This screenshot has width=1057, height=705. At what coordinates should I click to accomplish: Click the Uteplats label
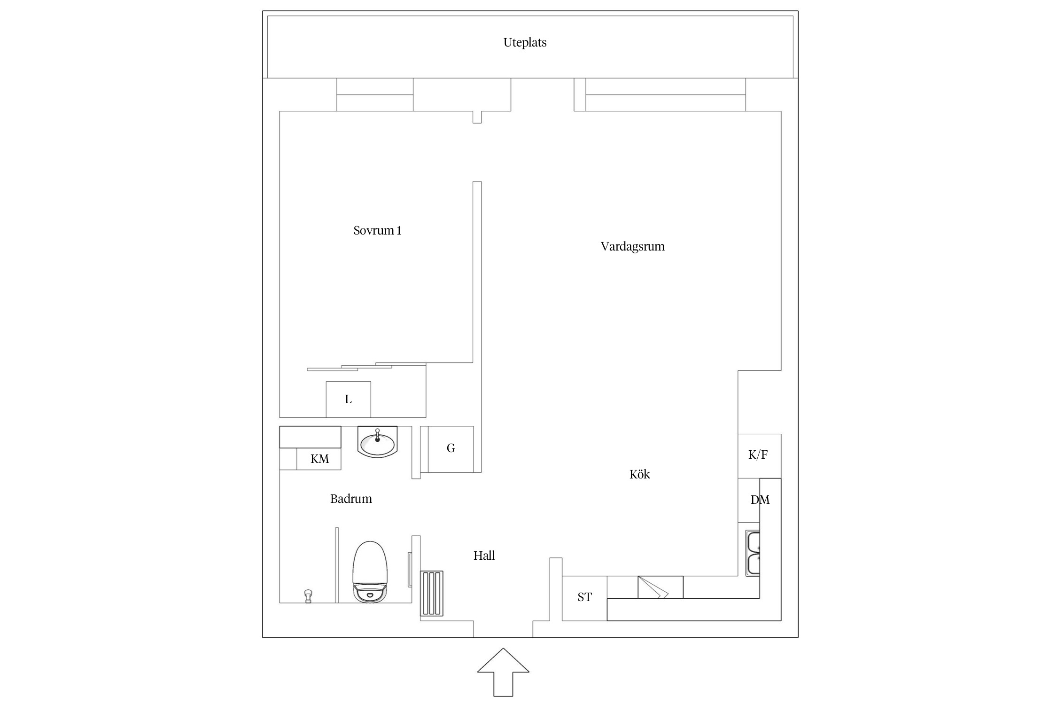[525, 43]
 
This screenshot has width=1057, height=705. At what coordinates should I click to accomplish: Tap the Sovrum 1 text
[377, 231]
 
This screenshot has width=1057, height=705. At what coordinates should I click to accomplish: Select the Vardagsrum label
[632, 247]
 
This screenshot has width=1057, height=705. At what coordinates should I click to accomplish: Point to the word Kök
[639, 474]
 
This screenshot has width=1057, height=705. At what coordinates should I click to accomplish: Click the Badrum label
[351, 499]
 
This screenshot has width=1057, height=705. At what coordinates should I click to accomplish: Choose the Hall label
[484, 556]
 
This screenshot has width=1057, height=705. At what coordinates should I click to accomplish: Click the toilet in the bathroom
[371, 572]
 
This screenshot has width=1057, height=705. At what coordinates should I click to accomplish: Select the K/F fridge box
[758, 455]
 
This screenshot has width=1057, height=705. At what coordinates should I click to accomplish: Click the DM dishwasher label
[760, 500]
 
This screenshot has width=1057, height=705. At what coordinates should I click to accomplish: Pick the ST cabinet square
[584, 597]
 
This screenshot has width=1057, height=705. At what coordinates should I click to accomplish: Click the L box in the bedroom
[348, 399]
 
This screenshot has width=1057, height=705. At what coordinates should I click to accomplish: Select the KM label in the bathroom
[319, 459]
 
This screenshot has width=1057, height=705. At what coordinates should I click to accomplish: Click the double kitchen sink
[753, 553]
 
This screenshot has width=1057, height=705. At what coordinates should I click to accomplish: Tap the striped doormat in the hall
[432, 593]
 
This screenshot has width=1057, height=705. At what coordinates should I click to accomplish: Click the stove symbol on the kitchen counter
[660, 587]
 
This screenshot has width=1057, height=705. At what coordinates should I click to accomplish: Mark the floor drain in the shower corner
[308, 595]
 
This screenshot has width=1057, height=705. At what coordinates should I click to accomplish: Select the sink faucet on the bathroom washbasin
[377, 435]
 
